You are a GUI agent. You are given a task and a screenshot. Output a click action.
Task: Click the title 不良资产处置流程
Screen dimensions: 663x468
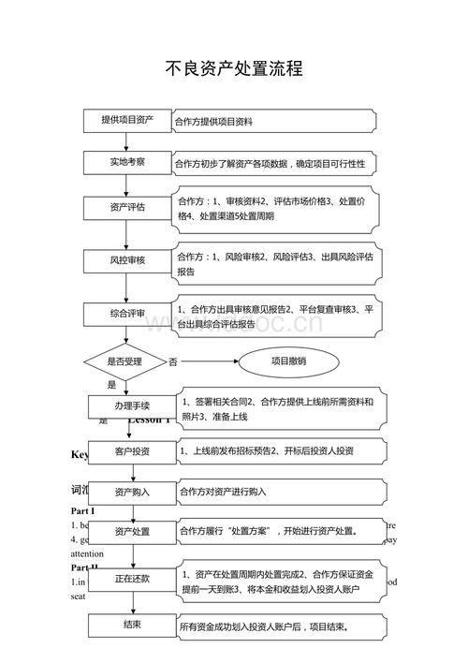tap(234, 68)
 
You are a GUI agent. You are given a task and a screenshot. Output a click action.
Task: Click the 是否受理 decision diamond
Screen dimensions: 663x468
tap(124, 361)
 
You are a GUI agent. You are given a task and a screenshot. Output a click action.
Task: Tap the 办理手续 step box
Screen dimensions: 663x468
tap(132, 405)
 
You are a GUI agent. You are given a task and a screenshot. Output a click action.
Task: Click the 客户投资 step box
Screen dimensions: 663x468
tap(132, 451)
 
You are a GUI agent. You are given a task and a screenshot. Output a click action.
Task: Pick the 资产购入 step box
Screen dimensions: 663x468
tap(132, 491)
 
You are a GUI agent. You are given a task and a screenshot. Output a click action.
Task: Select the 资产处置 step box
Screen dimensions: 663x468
tap(132, 531)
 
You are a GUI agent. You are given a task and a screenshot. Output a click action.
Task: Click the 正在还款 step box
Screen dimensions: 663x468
tap(132, 579)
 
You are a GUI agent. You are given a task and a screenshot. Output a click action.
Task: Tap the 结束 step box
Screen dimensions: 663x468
tap(132, 625)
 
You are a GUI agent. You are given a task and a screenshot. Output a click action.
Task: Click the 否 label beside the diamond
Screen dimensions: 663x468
tap(173, 361)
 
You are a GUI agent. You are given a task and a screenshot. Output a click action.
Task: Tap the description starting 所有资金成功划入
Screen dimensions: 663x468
tap(264, 626)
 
